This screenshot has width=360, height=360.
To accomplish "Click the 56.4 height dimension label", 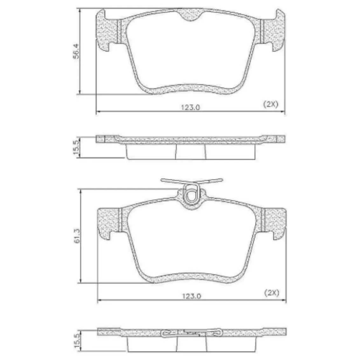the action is tap(77, 51).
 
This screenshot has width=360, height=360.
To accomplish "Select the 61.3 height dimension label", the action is tap(77, 236).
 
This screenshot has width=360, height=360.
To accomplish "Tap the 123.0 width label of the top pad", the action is tap(191, 107).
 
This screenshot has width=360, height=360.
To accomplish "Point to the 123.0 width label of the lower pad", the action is tap(192, 296).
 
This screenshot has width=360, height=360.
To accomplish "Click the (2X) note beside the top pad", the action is tap(270, 104).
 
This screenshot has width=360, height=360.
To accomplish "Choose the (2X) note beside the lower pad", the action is tap(272, 293).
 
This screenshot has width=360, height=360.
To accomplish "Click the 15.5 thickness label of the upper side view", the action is tap(77, 147).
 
